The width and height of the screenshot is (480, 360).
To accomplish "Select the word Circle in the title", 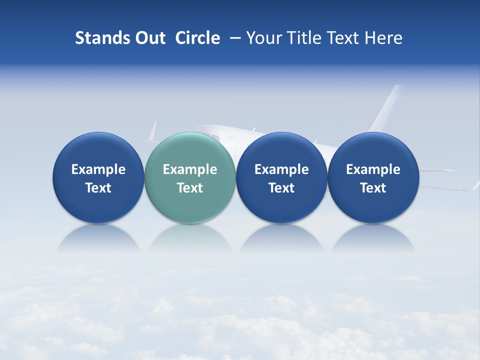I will pyautogui.click(x=197, y=38).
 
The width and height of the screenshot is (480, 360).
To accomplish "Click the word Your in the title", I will pyautogui.click(x=263, y=38).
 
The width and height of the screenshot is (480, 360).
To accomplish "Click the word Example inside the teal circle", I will pyautogui.click(x=189, y=169).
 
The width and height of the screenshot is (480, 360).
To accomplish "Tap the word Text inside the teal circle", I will pyautogui.click(x=189, y=188).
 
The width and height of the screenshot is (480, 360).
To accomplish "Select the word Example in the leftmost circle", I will pyautogui.click(x=98, y=169).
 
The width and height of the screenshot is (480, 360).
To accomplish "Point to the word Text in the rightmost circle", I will pyautogui.click(x=373, y=188).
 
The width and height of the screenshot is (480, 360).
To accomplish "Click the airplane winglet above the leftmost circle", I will pyautogui.click(x=152, y=131).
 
